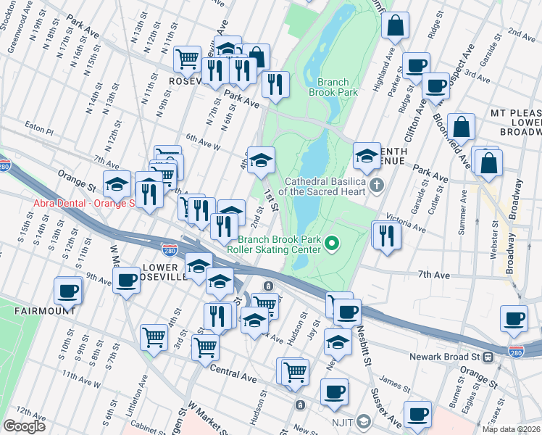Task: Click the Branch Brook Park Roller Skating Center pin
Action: (x=333, y=243)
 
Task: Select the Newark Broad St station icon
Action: (x=489, y=357)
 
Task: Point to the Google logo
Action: (x=24, y=426)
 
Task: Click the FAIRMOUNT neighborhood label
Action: (x=44, y=310)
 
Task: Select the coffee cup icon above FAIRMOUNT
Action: (x=68, y=291)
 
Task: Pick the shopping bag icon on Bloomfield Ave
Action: (x=461, y=127)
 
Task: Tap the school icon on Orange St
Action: (x=117, y=185)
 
